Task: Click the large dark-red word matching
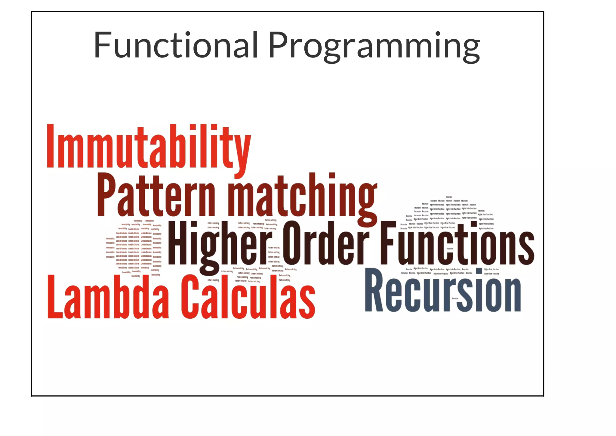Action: (x=303, y=197)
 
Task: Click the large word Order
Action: (x=326, y=244)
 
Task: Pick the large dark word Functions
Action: (x=457, y=244)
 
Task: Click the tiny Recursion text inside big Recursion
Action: (x=455, y=298)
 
